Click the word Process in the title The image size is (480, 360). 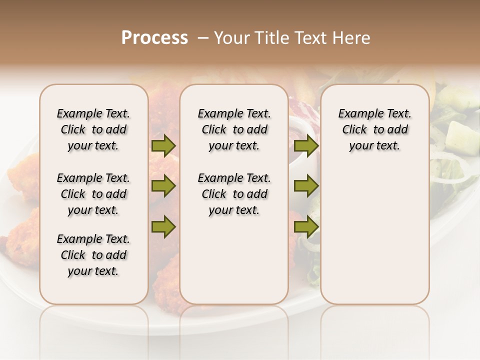point(154,38)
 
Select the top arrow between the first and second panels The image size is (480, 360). point(163,145)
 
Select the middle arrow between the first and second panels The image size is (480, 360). point(163,186)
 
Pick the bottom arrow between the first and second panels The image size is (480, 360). point(163,226)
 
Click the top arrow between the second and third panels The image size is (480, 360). point(305,145)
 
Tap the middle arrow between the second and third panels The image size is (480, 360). point(305,186)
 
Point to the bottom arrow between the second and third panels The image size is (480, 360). point(305,226)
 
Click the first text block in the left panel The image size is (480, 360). point(93,129)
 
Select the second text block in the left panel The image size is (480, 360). point(93,194)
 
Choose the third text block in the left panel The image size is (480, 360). point(93,255)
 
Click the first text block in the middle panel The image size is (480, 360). point(234,129)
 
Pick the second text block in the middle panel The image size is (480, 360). point(234,194)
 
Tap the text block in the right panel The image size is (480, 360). point(374,129)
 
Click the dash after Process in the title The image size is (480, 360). point(203,38)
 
